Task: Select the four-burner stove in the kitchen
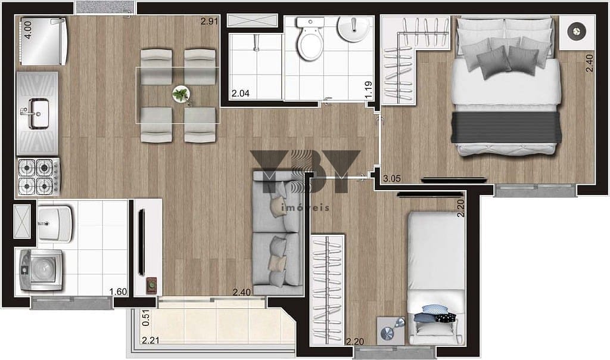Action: pyautogui.click(x=39, y=176)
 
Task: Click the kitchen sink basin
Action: pyautogui.click(x=38, y=113)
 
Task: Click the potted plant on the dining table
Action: pyautogui.click(x=180, y=94)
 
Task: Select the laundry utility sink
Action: pyautogui.click(x=54, y=224)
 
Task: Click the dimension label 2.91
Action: pyautogui.click(x=209, y=21)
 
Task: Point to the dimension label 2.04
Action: pyautogui.click(x=240, y=94)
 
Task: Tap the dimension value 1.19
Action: pyautogui.click(x=368, y=89)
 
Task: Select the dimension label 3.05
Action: pyautogui.click(x=392, y=179)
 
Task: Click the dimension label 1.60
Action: pyautogui.click(x=119, y=291)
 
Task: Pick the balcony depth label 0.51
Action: pyautogui.click(x=146, y=318)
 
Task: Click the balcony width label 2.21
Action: pyautogui.click(x=151, y=340)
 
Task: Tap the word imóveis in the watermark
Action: pyautogui.click(x=304, y=208)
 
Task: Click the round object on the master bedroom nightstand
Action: pyautogui.click(x=577, y=31)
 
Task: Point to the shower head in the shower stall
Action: pyautogui.click(x=256, y=42)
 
